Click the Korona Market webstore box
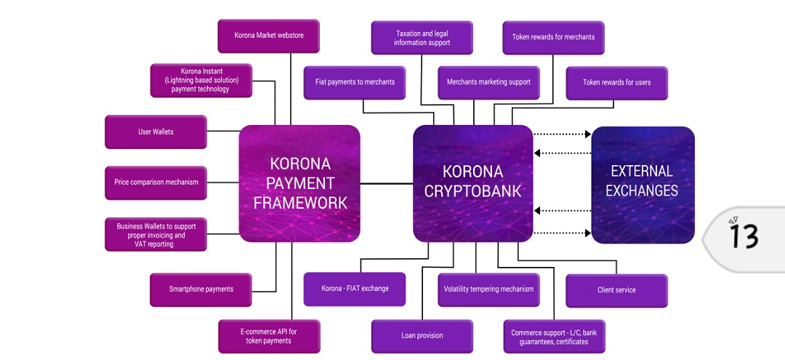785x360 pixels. pyautogui.click(x=268, y=36)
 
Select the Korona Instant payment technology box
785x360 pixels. pyautogui.click(x=201, y=80)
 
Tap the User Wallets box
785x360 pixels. pyautogui.click(x=156, y=132)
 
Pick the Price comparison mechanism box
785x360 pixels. pyautogui.click(x=156, y=182)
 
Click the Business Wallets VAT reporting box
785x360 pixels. pyautogui.click(x=156, y=235)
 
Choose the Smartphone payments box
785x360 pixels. pyautogui.click(x=201, y=289)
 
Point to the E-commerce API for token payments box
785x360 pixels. pyautogui.click(x=268, y=336)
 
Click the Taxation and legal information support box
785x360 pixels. pyautogui.click(x=422, y=38)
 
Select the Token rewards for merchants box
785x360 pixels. pyautogui.click(x=553, y=37)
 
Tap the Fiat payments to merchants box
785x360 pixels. pyautogui.click(x=355, y=82)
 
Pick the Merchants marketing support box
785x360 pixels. pyautogui.click(x=488, y=82)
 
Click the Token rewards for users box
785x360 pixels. pyautogui.click(x=616, y=82)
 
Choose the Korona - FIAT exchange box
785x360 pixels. pyautogui.click(x=355, y=289)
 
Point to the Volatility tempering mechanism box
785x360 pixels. pyautogui.click(x=488, y=289)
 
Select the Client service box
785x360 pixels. pyautogui.click(x=616, y=290)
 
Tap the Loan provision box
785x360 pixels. pyautogui.click(x=422, y=335)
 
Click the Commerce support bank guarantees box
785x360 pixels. pyautogui.click(x=553, y=337)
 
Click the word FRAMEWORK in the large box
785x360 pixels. pyautogui.click(x=299, y=201)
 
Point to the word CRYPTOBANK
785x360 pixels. pyautogui.click(x=472, y=191)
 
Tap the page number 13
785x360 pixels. pyautogui.click(x=744, y=236)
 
